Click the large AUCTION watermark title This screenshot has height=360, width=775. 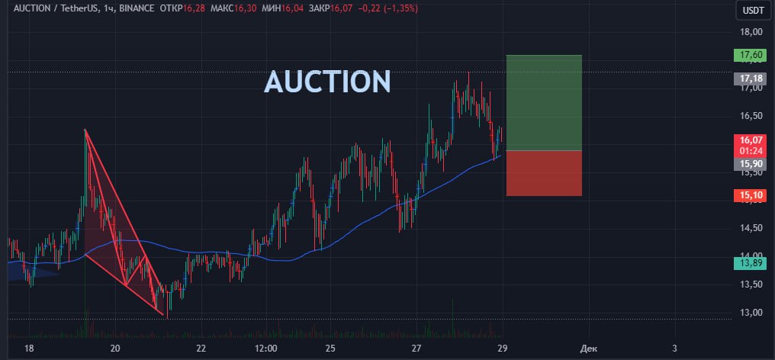[327, 82]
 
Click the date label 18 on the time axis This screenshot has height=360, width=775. [29, 349]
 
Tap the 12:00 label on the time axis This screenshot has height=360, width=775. [265, 349]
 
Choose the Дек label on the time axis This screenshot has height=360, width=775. [588, 349]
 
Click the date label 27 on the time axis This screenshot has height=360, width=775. [416, 349]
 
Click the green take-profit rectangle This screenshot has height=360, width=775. [543, 102]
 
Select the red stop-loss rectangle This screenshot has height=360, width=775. [543, 173]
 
